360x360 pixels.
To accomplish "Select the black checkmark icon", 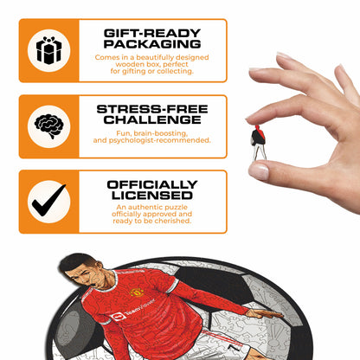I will pyautogui.click(x=48, y=202).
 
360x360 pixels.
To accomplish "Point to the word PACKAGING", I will pyautogui.click(x=151, y=43).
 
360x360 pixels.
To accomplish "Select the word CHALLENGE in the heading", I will pyautogui.click(x=151, y=119).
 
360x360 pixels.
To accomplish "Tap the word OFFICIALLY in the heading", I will pyautogui.click(x=151, y=183).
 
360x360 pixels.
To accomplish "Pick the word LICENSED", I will pyautogui.click(x=151, y=196).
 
